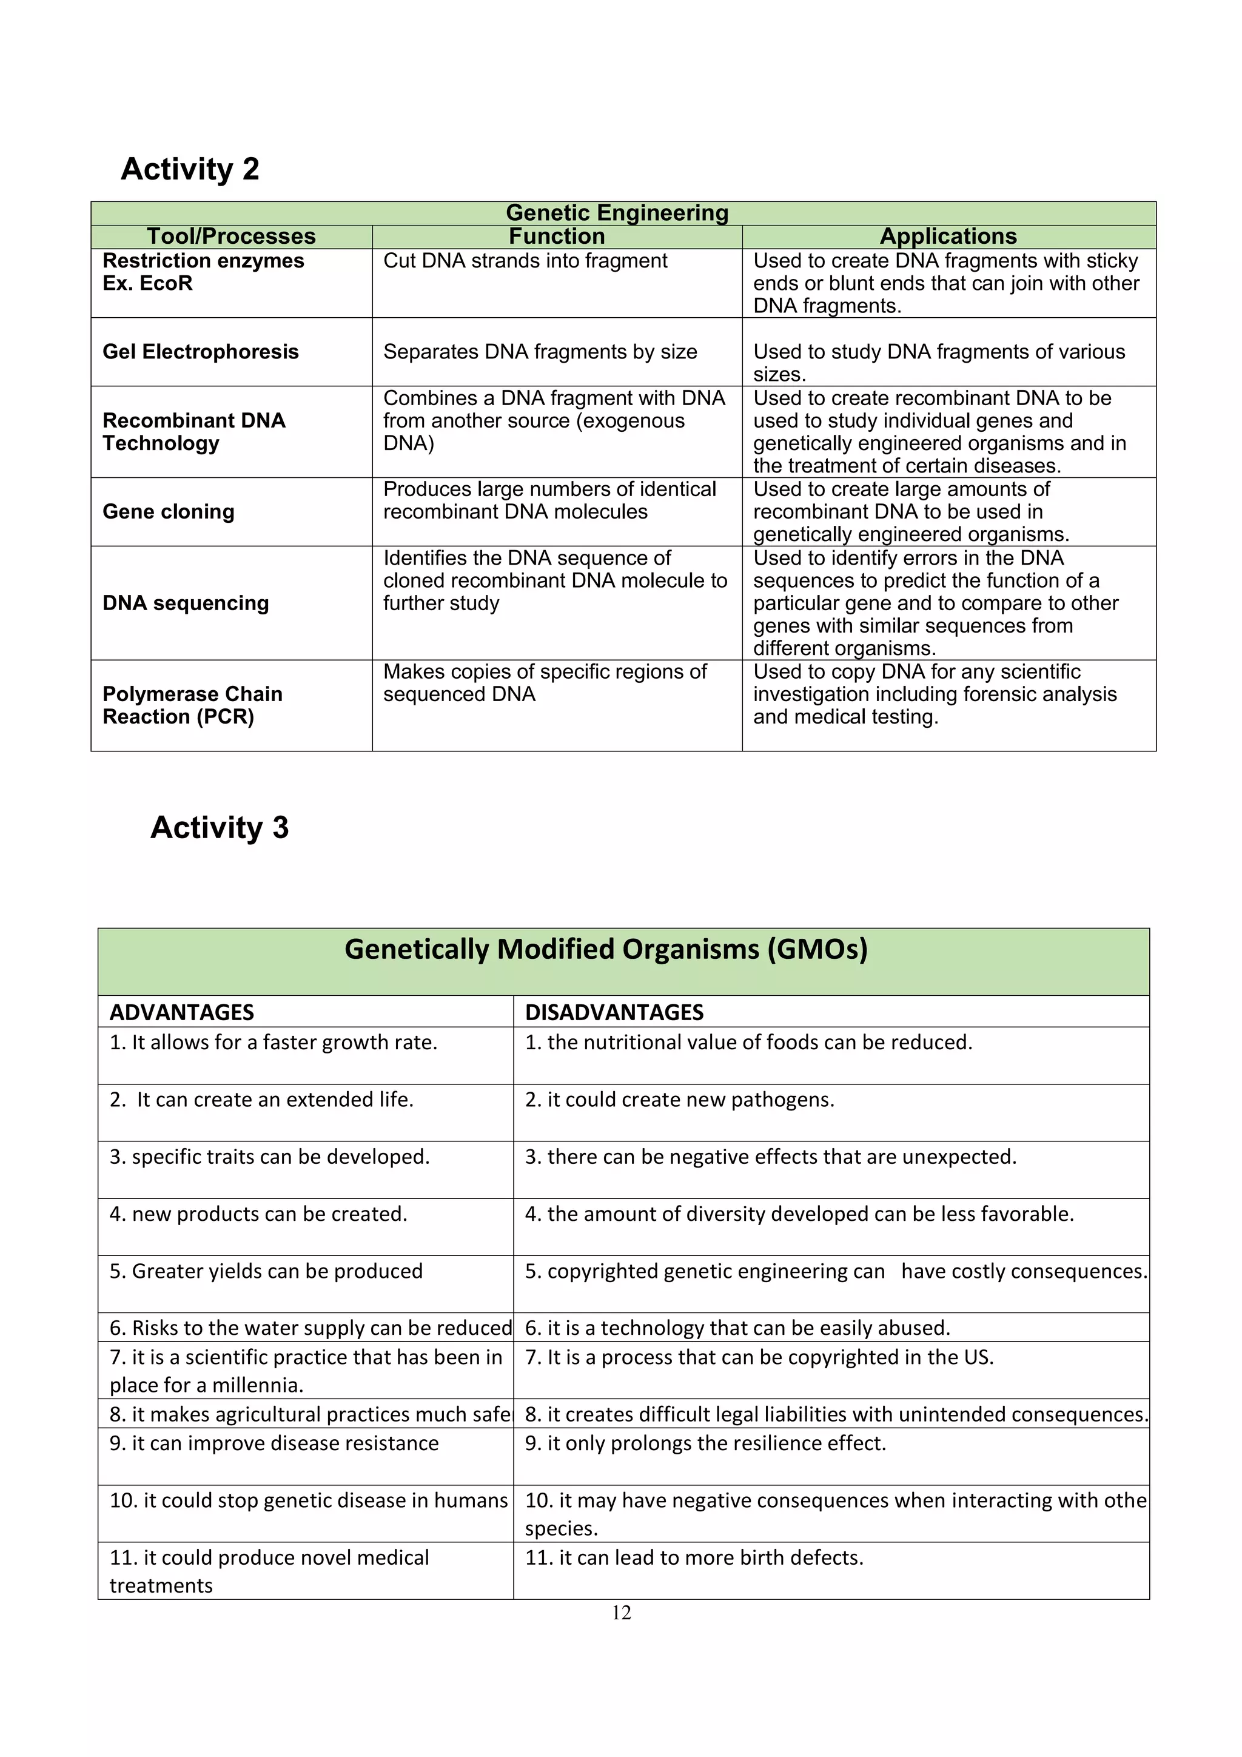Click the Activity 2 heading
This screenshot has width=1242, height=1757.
click(190, 169)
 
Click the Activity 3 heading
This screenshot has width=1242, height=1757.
click(220, 827)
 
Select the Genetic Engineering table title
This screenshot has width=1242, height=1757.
click(617, 213)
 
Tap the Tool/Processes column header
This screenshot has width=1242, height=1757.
click(231, 237)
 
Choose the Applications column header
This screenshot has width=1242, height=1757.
click(948, 237)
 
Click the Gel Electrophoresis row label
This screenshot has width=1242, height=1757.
click(201, 352)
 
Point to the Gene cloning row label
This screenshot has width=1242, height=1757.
click(169, 512)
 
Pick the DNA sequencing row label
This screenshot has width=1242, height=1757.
click(186, 603)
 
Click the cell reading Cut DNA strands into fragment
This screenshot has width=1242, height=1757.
click(525, 261)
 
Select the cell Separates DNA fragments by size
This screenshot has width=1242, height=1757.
click(540, 352)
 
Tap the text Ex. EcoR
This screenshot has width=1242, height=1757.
click(148, 284)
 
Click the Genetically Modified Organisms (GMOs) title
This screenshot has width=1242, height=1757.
click(606, 949)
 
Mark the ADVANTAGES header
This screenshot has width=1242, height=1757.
click(181, 1012)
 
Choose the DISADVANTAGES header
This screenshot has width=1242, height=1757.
click(614, 1012)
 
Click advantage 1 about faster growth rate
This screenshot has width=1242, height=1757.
click(273, 1043)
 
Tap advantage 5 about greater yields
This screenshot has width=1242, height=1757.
click(266, 1271)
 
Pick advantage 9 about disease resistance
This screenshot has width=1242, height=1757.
click(274, 1443)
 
